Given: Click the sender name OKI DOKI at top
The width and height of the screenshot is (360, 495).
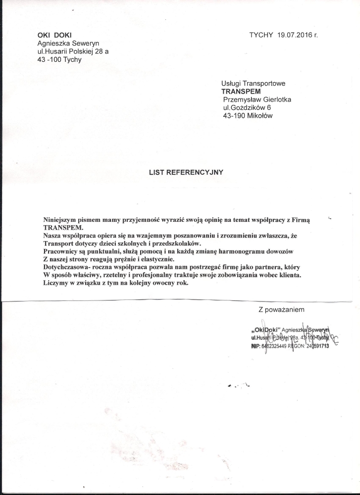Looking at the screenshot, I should (54, 35).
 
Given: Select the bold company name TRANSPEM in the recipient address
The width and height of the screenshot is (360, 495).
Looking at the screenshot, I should (241, 92).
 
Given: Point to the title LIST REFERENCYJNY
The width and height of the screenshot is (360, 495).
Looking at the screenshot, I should (186, 173).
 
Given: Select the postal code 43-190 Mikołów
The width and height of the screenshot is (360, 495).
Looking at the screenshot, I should (248, 116).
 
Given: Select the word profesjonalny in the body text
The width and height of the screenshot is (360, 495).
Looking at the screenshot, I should (176, 275).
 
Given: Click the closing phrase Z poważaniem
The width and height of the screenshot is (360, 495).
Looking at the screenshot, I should (281, 310).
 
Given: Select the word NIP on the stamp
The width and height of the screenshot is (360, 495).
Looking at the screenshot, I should (256, 346).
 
